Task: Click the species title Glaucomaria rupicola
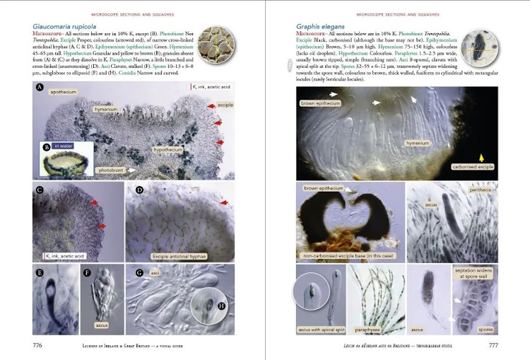coord(66,27)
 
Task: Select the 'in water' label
coord(66,146)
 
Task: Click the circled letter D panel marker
coord(139,190)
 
